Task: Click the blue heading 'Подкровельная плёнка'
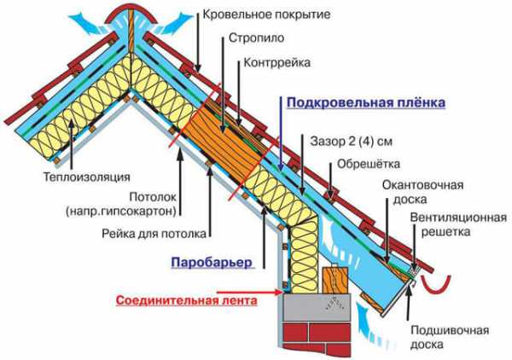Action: (x=365, y=102)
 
